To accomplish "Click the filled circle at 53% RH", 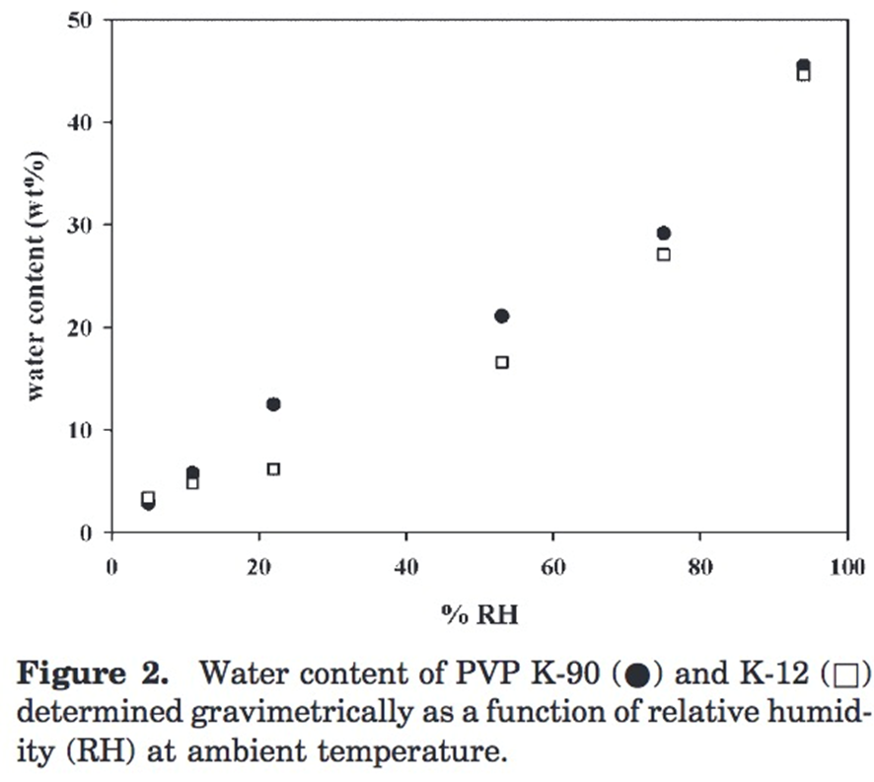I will coord(501,317).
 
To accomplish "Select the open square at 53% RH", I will coord(501,362).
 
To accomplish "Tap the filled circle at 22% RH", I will coord(273,404).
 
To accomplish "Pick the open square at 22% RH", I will coord(273,469).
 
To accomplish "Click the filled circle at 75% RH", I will coord(664,234).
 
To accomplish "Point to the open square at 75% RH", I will coord(664,254).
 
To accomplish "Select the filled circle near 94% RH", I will coord(803,65).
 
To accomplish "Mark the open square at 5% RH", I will coord(148,497).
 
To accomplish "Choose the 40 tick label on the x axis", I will coord(405,568).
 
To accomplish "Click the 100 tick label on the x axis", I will coord(846,568).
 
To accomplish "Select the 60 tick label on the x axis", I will coord(552,568).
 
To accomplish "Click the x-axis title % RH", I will coord(478,613).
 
